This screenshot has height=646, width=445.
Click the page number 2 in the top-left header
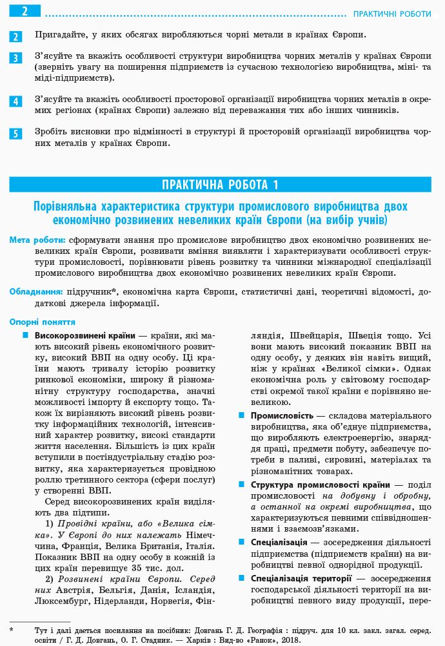point(23,12)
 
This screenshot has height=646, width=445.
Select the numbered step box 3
point(16,59)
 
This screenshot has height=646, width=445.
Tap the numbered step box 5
point(16,134)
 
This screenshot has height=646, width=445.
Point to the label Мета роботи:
point(37,240)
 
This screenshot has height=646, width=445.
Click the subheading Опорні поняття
point(42,322)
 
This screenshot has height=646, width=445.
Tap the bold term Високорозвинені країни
point(84,336)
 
